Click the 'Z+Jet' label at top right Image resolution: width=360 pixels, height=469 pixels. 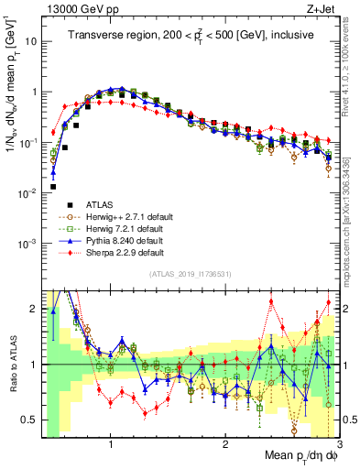pos(321,9)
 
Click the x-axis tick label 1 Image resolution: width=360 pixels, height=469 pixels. pos(111,442)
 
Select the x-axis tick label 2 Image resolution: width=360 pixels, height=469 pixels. pos(225,442)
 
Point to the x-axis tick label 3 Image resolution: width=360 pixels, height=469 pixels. pos(339,442)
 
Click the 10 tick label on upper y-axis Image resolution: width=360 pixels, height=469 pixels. pos(30,42)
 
